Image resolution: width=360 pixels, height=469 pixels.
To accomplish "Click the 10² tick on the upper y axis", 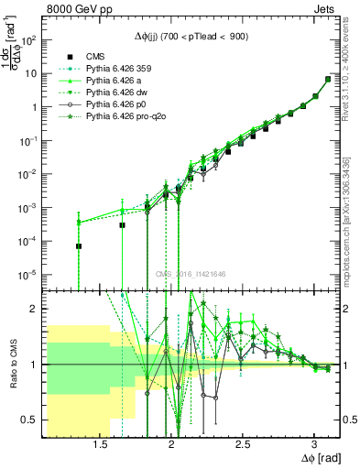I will [29, 40].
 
